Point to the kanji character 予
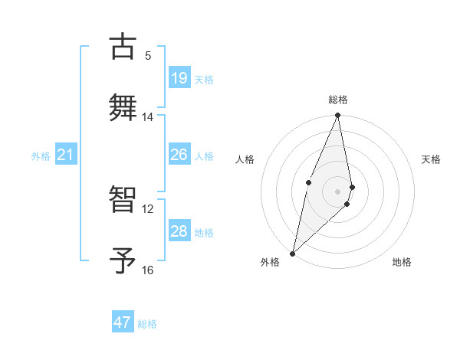(123, 260)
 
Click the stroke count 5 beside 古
(148, 55)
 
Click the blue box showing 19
(179, 78)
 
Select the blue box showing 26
(179, 155)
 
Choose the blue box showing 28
(179, 231)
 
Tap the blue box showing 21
(65, 155)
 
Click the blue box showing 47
(123, 322)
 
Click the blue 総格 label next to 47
(147, 324)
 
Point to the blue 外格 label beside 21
(41, 156)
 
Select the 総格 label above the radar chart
(338, 100)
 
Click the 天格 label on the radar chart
(432, 159)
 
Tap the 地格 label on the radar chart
(402, 262)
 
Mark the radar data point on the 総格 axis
(338, 116)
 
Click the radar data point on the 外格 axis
(292, 253)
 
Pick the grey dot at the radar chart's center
(338, 191)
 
